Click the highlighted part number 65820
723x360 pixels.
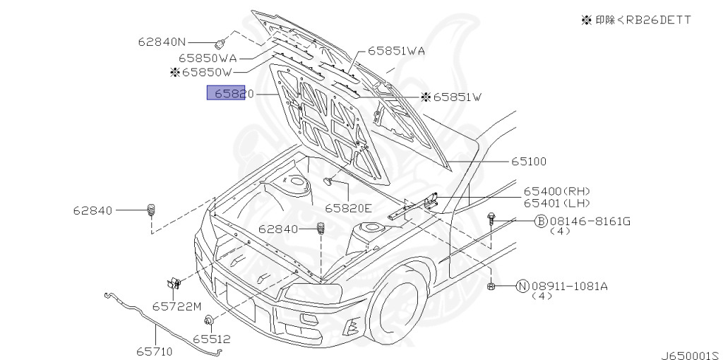226,93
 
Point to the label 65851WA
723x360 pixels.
395,51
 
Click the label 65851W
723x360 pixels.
456,97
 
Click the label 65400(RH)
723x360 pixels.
556,191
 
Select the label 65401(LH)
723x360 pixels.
556,203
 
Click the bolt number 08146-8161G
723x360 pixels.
590,222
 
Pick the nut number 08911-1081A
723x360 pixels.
569,286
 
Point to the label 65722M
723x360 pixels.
177,306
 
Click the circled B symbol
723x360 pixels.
541,222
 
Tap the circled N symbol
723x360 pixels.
522,286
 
